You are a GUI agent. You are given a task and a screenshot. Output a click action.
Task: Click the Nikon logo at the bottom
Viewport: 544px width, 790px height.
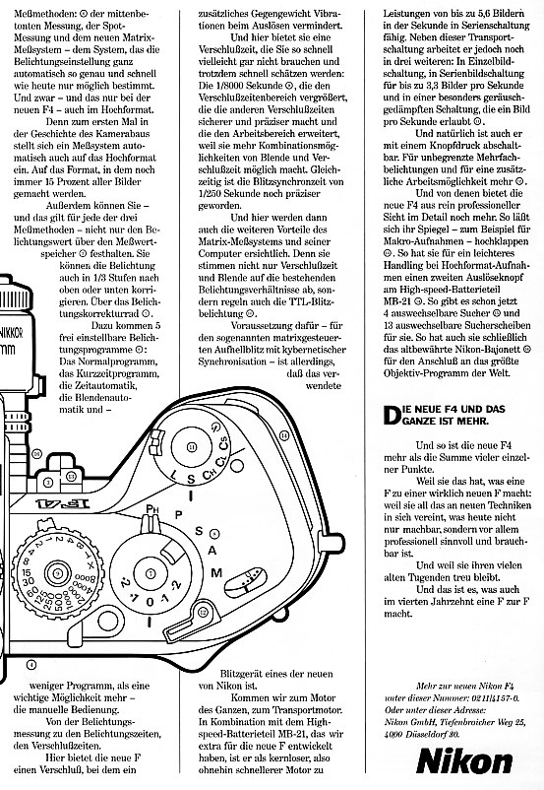tap(464, 760)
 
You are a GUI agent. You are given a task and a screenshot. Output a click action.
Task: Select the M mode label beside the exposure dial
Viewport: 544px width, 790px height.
tap(216, 572)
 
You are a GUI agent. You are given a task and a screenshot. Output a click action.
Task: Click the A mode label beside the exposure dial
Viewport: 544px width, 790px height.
tap(212, 551)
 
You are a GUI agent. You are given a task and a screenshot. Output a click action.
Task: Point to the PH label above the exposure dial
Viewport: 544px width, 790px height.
tap(151, 509)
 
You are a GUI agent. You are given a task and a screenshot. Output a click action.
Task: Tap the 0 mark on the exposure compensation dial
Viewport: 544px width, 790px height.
tap(150, 602)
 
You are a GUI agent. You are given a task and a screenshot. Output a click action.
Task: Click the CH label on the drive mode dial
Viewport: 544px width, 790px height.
tap(210, 474)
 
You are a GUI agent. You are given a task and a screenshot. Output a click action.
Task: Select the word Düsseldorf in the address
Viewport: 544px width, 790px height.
tap(426, 734)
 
